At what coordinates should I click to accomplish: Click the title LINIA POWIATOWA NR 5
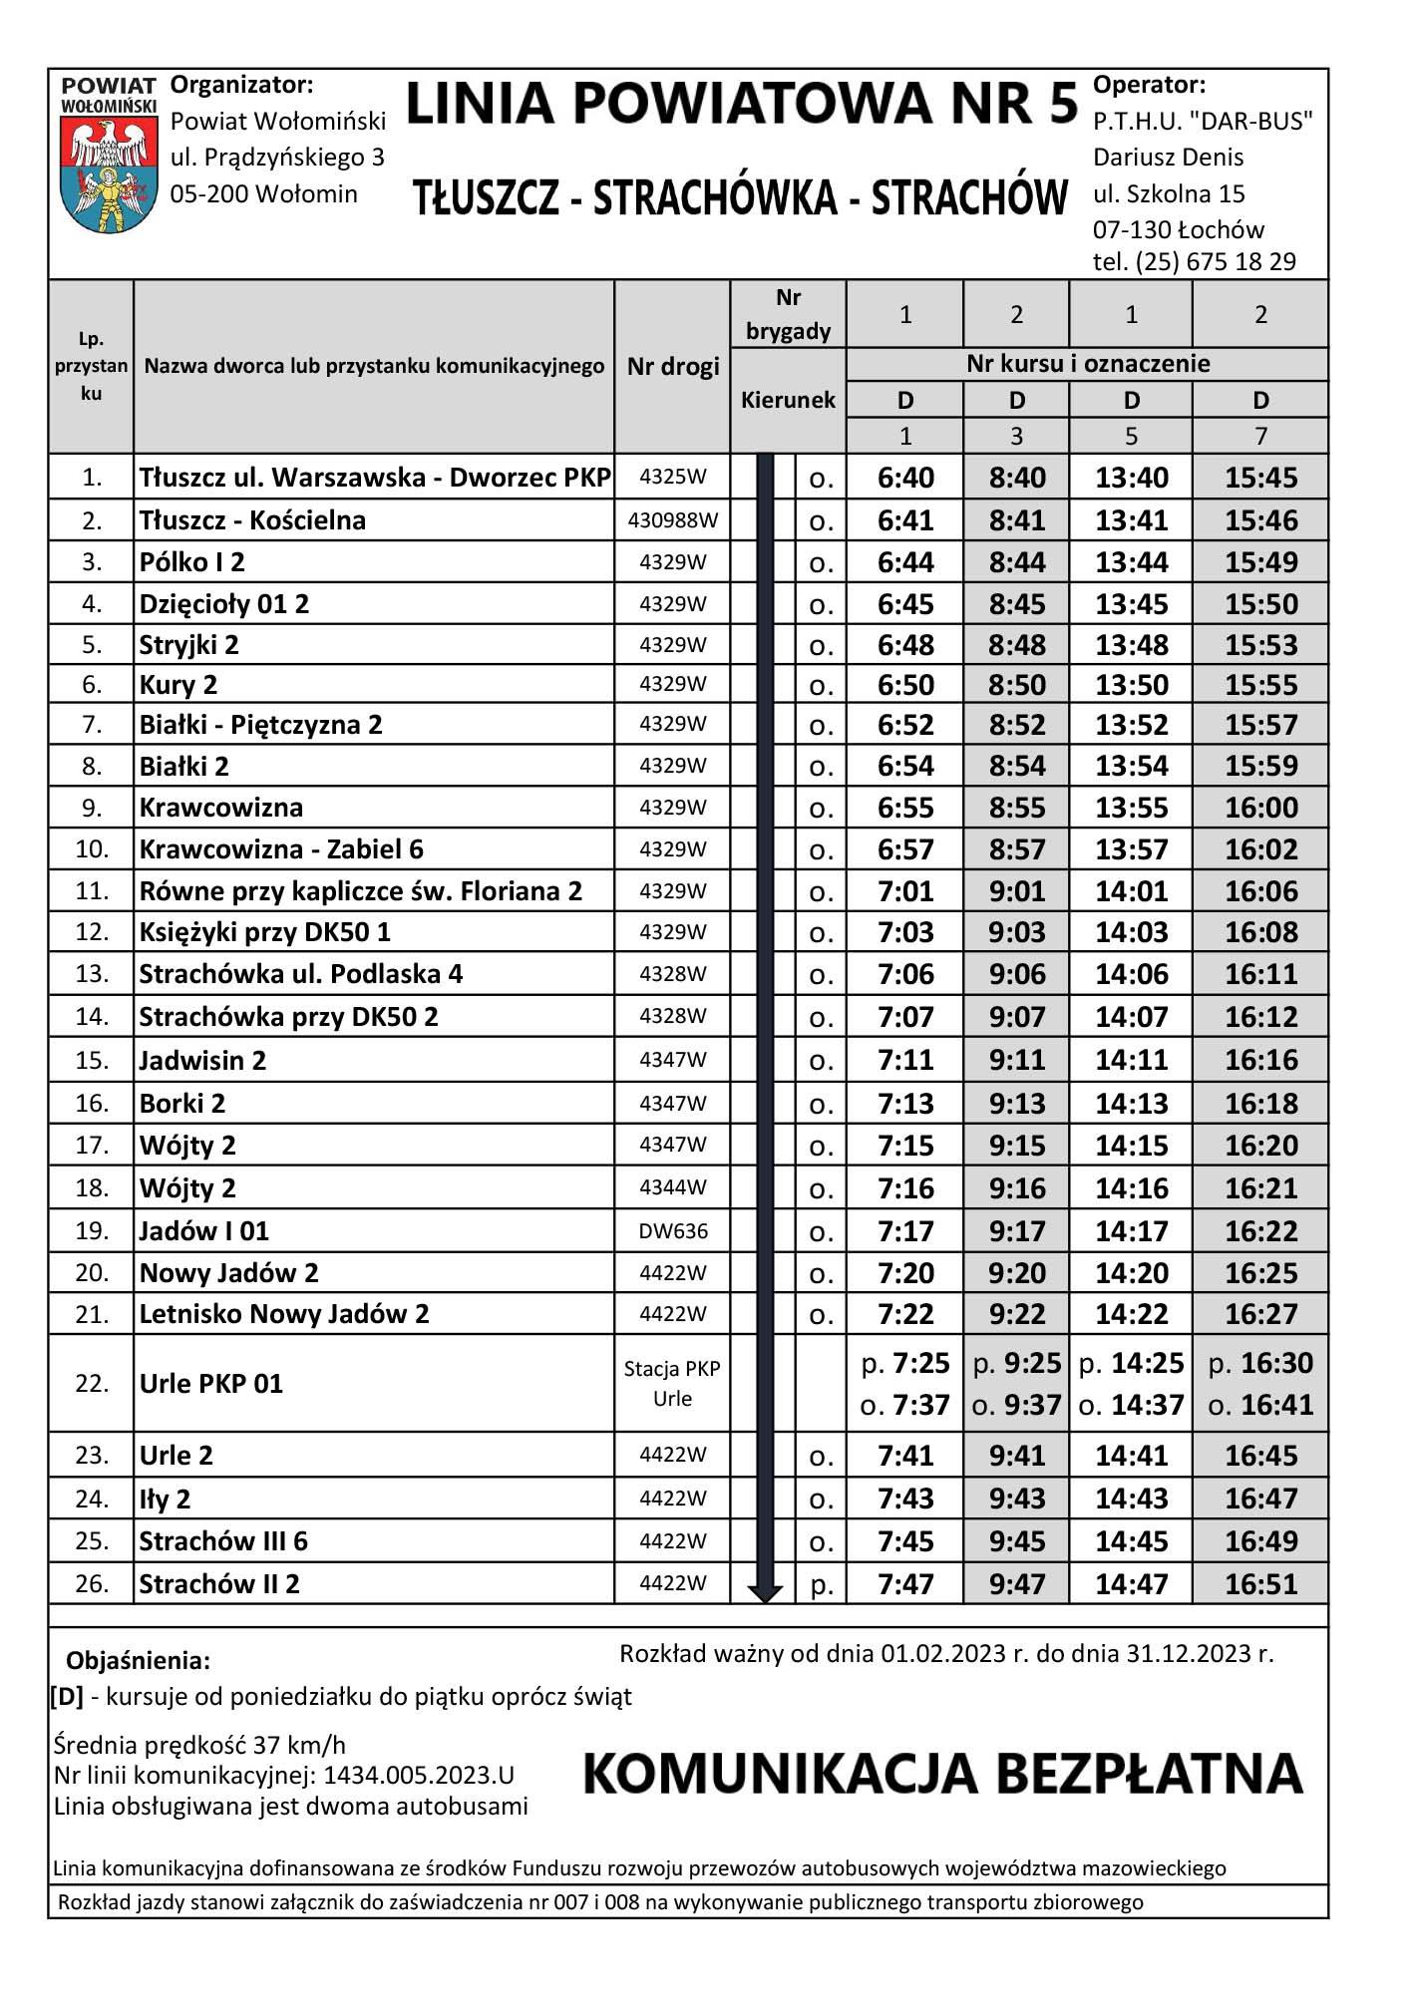(x=742, y=104)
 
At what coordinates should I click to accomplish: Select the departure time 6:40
(x=905, y=478)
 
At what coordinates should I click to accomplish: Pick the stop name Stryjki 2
(x=189, y=645)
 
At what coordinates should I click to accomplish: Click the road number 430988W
(x=673, y=520)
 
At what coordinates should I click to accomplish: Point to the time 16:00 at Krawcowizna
(x=1261, y=808)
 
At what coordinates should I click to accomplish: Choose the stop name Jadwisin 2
(x=202, y=1060)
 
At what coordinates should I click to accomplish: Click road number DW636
(x=673, y=1231)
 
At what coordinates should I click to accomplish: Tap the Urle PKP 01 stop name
(x=211, y=1384)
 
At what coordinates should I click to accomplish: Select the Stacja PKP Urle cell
(x=672, y=1384)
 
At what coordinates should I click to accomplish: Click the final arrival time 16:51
(x=1261, y=1584)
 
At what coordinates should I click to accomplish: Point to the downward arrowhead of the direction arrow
(x=765, y=1593)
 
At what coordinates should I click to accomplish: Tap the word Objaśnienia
(x=138, y=1661)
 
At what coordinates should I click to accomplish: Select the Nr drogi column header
(x=673, y=367)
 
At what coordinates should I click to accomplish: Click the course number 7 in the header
(x=1261, y=437)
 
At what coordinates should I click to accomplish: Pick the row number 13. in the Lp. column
(x=92, y=974)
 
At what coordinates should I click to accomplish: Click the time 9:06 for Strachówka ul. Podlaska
(x=1017, y=974)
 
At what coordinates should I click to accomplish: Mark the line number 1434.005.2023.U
(x=419, y=1776)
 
